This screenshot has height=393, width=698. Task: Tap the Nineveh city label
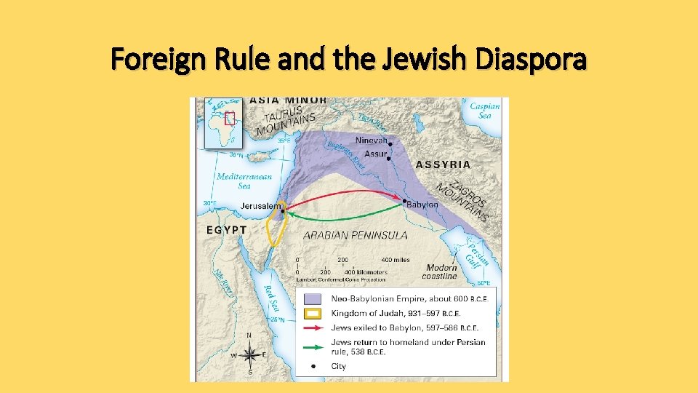click(x=371, y=140)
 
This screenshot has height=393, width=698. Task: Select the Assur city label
click(x=375, y=154)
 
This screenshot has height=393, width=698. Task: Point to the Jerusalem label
click(x=261, y=206)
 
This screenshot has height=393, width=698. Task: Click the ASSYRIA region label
click(x=443, y=164)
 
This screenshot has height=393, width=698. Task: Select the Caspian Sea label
click(x=484, y=111)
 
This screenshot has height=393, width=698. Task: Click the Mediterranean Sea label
click(x=244, y=180)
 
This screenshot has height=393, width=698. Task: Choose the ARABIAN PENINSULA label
click(x=355, y=235)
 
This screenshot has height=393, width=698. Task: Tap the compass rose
click(x=249, y=356)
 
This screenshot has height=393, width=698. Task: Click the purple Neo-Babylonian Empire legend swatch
click(x=313, y=298)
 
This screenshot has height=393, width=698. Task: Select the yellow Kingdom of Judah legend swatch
click(x=313, y=313)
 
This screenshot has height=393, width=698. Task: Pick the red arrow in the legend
click(x=313, y=327)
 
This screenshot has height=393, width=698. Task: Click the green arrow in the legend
click(x=313, y=341)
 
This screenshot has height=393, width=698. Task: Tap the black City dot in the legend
click(x=313, y=366)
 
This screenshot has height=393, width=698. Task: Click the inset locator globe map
click(x=222, y=123)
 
